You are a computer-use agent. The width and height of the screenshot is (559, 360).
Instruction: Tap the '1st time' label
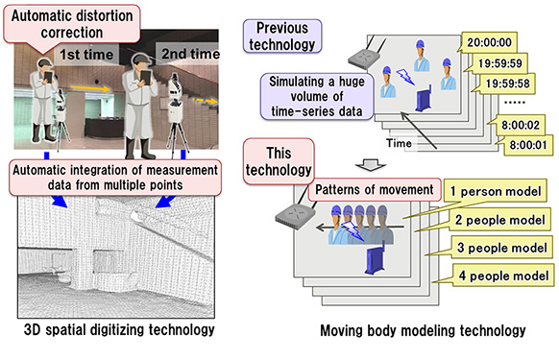tap(85, 56)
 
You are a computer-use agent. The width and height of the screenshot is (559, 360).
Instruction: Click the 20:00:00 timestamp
tap(493, 43)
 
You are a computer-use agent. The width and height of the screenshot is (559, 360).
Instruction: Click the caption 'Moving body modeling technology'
tap(425, 331)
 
